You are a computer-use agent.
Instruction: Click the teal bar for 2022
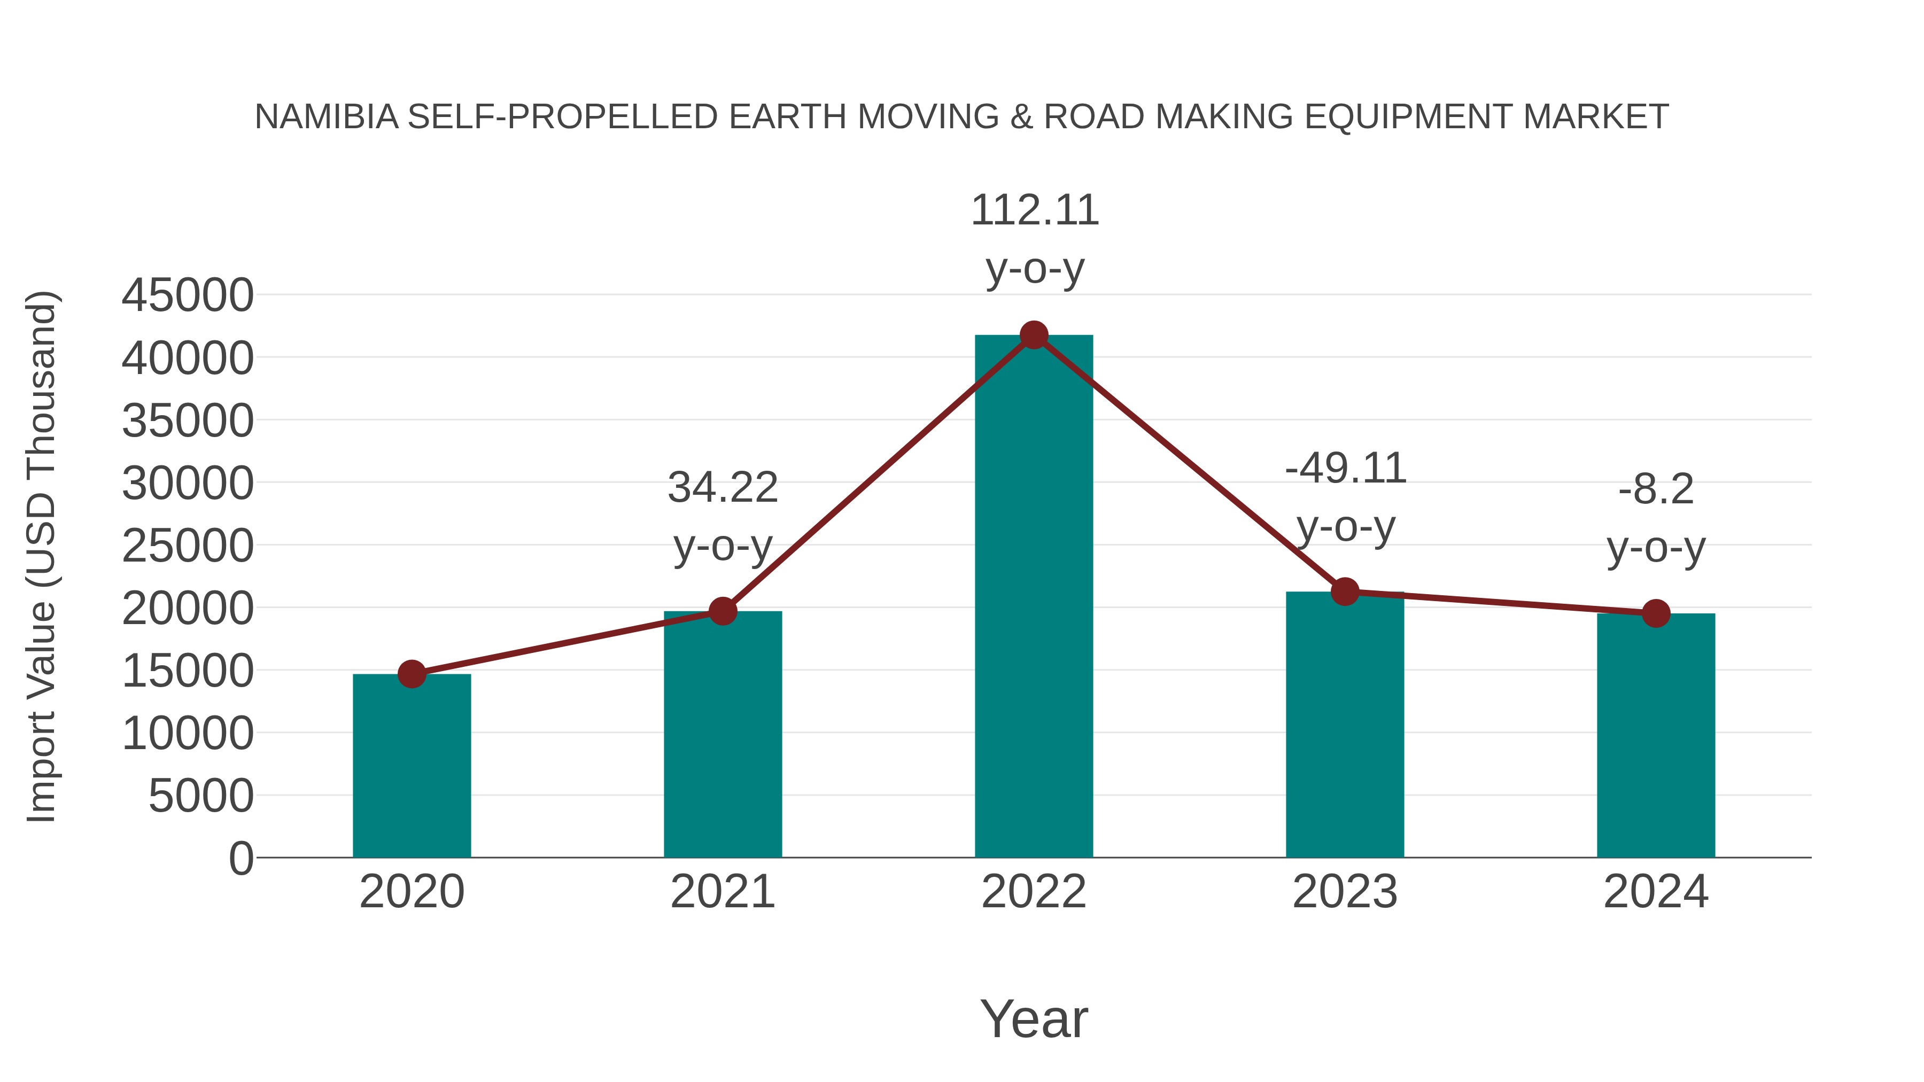[x=1034, y=597]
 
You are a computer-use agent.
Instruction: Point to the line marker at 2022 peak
[x=1034, y=335]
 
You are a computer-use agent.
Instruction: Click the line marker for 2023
[x=1345, y=592]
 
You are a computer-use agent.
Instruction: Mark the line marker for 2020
[x=412, y=674]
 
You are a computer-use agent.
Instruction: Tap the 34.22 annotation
[x=722, y=488]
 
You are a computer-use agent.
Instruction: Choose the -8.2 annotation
[x=1656, y=490]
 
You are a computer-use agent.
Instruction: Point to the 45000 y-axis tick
[x=188, y=295]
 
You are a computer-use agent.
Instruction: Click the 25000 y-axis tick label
[x=188, y=546]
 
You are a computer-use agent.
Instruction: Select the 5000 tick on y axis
[x=201, y=796]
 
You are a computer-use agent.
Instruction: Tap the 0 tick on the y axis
[x=241, y=858]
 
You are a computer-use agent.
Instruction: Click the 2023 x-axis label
[x=1345, y=892]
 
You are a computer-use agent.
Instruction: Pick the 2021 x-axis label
[x=722, y=892]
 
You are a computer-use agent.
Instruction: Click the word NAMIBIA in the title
[x=327, y=117]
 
